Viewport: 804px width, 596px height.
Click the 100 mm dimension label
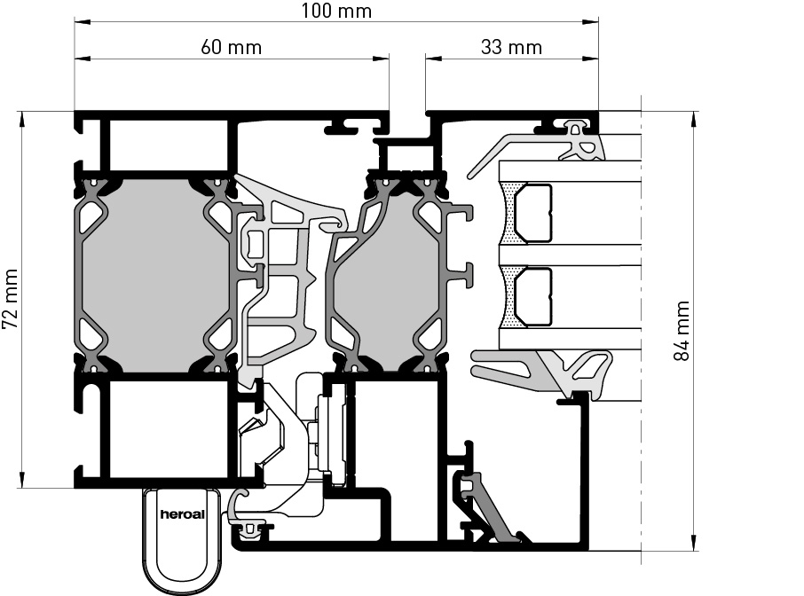335,11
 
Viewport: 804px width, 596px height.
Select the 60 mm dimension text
232,47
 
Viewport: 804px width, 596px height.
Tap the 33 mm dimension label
510,47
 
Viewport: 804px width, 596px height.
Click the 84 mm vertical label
682,331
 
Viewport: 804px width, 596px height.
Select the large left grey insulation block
156,274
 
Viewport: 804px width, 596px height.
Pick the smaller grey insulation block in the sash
383,274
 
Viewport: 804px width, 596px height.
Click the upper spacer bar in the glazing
534,214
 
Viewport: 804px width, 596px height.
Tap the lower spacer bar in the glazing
534,297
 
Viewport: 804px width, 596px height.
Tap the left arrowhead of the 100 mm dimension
78,23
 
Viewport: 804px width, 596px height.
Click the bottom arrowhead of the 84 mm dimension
692,547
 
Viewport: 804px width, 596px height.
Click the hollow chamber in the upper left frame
169,145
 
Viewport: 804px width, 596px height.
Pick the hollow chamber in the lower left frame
169,429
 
